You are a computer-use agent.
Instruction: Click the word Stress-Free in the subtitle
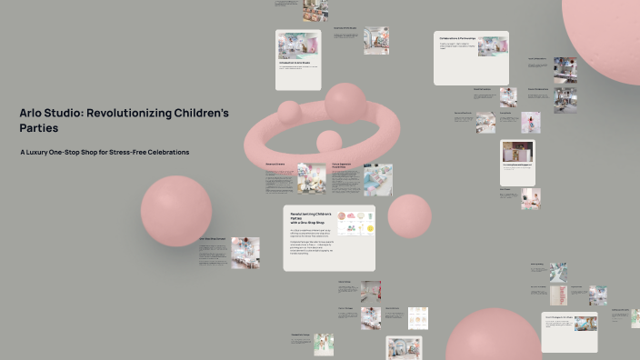[x=130, y=152]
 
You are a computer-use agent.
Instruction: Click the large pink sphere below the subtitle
[x=176, y=212]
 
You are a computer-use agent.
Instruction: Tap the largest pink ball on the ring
[x=345, y=103]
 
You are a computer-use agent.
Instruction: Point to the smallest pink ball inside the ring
[x=328, y=142]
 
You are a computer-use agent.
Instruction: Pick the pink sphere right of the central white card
[x=409, y=215]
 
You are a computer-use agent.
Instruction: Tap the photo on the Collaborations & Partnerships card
[x=493, y=45]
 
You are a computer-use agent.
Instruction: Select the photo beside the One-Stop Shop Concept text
[x=245, y=252]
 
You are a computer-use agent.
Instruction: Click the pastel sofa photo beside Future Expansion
[x=377, y=179]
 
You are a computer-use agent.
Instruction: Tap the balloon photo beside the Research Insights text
[x=311, y=178]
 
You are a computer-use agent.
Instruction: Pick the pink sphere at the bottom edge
[x=493, y=338]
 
